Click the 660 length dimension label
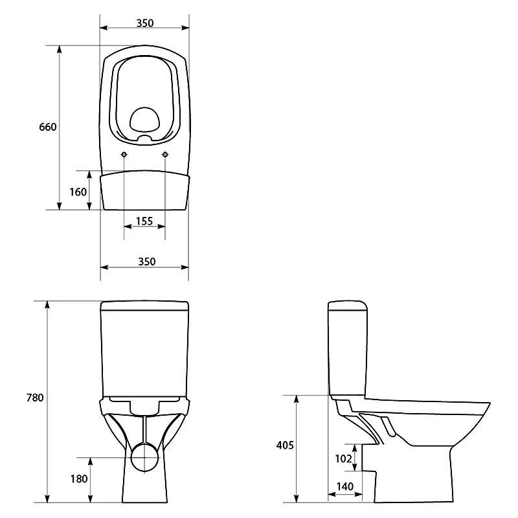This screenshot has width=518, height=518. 48,127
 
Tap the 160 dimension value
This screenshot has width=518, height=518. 78,192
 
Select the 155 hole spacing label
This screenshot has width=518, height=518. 144,221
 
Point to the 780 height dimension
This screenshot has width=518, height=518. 35,398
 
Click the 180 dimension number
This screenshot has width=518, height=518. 79,479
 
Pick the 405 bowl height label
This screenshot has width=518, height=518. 285,445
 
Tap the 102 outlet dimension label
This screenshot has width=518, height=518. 344,458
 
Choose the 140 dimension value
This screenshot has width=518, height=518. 345,486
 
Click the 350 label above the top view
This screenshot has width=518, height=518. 145,23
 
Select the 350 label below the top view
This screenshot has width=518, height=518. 147,262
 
